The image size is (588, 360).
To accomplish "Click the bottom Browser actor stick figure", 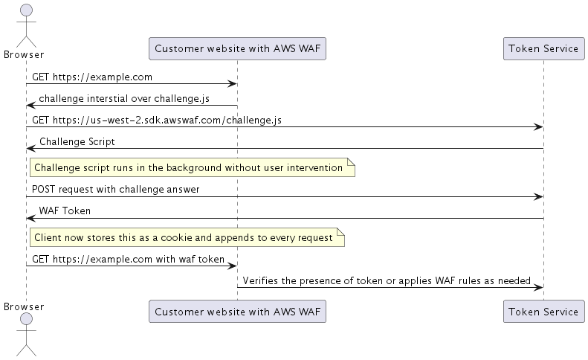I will (x=26, y=335).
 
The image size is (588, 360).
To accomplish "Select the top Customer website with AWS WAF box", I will (x=237, y=48).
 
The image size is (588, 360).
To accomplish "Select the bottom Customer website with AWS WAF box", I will (x=237, y=312).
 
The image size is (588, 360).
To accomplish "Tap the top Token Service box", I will (x=543, y=48).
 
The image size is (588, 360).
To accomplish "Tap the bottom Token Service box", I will (x=543, y=312).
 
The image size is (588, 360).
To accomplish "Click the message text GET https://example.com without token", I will (x=93, y=77).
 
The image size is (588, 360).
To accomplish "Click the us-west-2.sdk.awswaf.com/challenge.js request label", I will (x=156, y=120).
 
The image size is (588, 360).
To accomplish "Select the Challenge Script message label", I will (x=77, y=141).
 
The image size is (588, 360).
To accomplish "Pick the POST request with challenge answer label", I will (x=115, y=190).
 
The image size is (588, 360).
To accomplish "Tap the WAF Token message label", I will (x=65, y=211).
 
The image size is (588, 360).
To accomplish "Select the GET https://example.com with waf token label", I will (x=128, y=259).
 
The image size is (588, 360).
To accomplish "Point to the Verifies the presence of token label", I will (x=386, y=280).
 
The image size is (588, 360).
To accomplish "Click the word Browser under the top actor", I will (x=24, y=54).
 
